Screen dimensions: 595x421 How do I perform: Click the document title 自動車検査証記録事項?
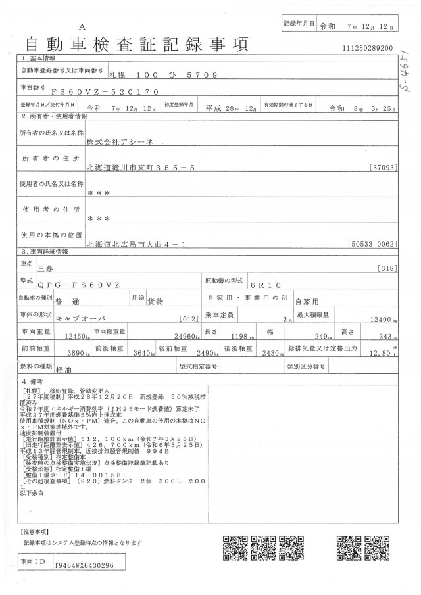tap(136, 45)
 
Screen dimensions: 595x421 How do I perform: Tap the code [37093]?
tap(384, 168)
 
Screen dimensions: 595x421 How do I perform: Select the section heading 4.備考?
tap(33, 381)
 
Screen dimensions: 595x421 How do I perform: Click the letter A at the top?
tap(82, 26)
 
